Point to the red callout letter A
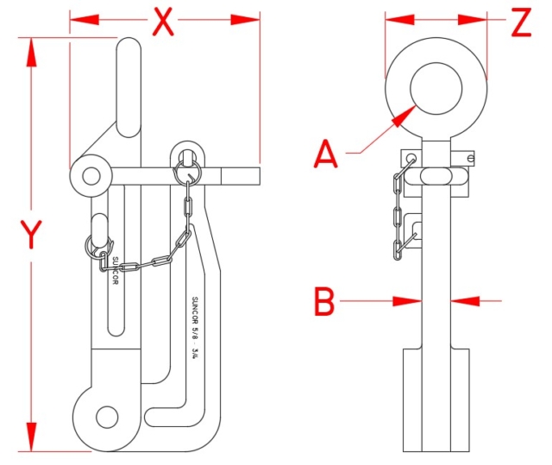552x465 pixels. pos(325,154)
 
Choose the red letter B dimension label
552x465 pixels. pos(323,302)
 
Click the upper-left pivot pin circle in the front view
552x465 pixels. pos(91,176)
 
